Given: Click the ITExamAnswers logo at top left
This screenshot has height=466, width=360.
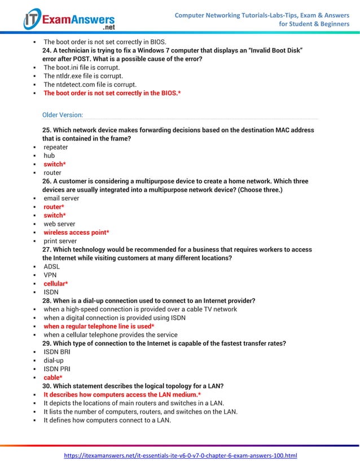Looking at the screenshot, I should point(68,20).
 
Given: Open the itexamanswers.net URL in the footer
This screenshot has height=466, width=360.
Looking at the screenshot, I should point(180,455).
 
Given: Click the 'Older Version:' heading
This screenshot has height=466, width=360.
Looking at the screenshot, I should point(62,115).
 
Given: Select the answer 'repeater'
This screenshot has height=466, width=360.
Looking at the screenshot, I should point(56,147).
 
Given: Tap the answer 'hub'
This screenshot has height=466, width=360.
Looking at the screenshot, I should point(50,156).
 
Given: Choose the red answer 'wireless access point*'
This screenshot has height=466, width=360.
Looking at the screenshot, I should point(76,232).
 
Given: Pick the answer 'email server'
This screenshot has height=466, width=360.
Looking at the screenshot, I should point(62,199).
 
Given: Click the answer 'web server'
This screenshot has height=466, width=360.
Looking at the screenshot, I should point(60,224).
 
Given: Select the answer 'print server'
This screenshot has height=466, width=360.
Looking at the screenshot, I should point(60,241).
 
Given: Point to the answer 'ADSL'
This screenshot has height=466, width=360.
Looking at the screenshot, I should point(52,266).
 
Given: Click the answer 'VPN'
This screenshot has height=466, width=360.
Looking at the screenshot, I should point(50,275).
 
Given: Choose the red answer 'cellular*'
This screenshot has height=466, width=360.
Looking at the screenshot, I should point(56,284).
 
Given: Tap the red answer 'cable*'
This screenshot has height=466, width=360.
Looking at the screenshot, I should point(53,377).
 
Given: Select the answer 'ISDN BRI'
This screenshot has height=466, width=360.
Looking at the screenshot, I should point(57,352).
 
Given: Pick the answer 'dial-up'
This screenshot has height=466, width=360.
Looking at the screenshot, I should point(54,361).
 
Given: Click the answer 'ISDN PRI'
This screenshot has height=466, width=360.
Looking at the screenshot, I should point(57,369).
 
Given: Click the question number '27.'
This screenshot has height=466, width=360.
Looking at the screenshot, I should point(47,250).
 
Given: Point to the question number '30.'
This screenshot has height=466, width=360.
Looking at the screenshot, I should point(47,386).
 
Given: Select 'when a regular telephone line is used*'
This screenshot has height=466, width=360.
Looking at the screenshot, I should point(99,326).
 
